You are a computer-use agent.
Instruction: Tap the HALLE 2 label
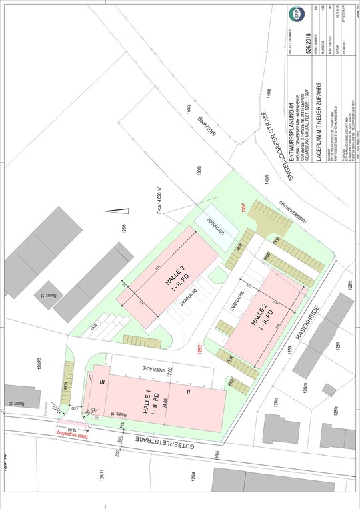(256, 314)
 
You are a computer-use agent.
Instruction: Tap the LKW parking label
(113, 329)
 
